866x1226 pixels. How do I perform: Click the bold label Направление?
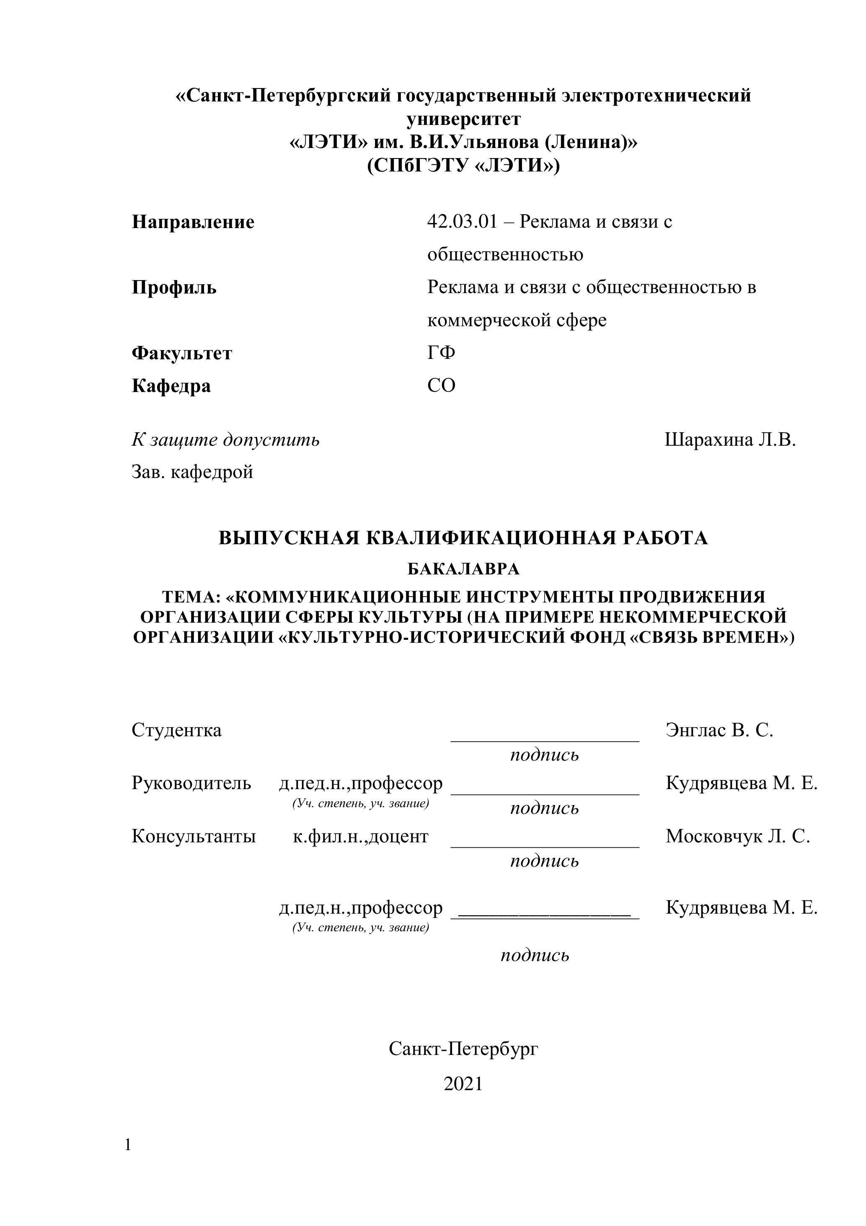193,222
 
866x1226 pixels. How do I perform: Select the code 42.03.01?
462,221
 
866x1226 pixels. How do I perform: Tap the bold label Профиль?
174,288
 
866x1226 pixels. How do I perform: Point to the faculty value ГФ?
441,353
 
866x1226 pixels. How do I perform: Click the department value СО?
441,385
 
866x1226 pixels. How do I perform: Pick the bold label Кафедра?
171,386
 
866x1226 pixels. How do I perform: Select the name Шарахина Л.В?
730,440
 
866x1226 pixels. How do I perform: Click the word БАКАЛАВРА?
463,569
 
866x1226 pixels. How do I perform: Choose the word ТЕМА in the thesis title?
188,597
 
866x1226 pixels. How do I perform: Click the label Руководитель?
191,783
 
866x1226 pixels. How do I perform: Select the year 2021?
463,1084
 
